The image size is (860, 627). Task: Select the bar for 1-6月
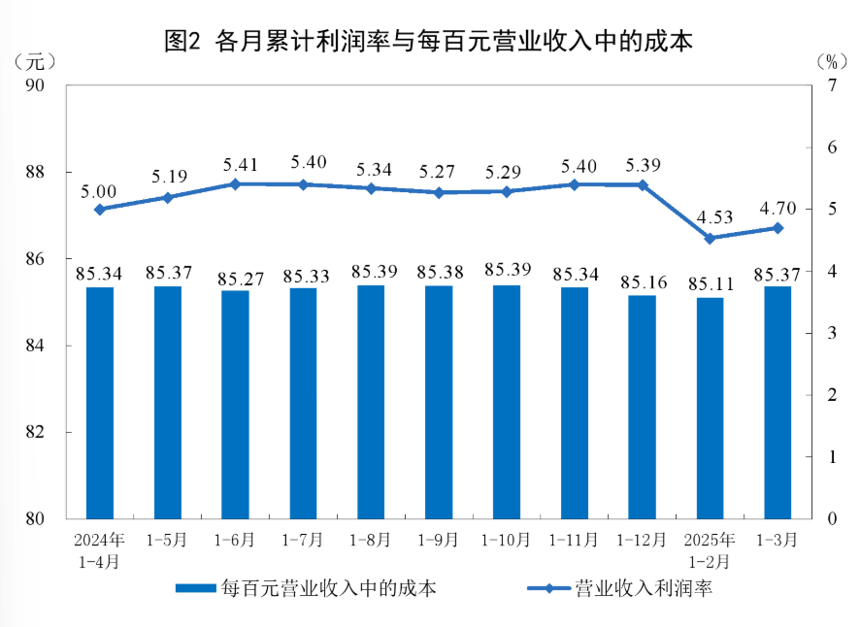(235, 404)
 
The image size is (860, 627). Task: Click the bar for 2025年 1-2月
(710, 408)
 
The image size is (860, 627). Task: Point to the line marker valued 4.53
(710, 239)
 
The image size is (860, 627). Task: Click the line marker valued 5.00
(99, 209)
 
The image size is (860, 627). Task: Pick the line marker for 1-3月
(777, 228)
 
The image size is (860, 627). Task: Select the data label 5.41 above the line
(235, 164)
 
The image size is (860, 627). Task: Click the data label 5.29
(507, 172)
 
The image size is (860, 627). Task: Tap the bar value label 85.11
(710, 283)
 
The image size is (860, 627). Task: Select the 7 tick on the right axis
(831, 85)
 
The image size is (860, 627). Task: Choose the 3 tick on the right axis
(831, 333)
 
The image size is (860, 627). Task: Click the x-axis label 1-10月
(507, 540)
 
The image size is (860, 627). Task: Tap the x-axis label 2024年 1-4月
(99, 549)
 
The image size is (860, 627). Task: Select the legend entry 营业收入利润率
(621, 588)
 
